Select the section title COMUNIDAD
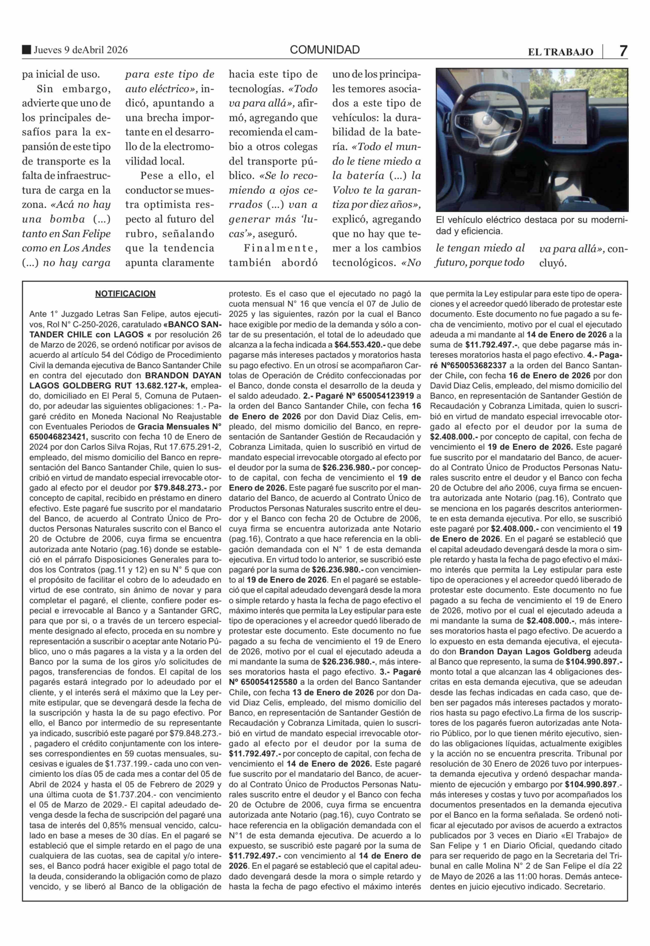[x=324, y=50]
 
